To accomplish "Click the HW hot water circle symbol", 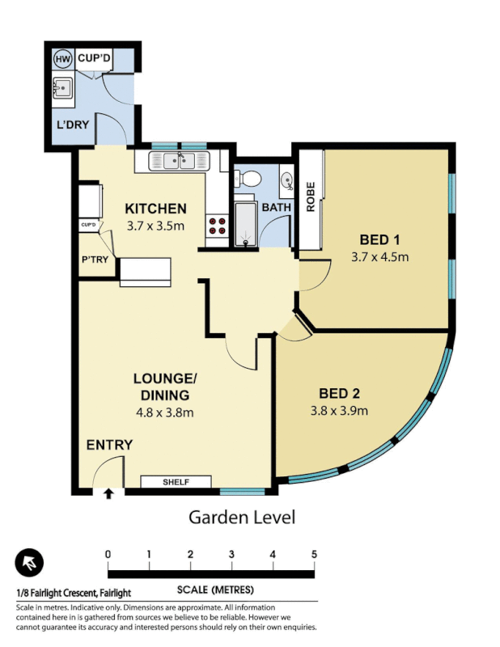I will click(61, 59).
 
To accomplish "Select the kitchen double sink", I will click(176, 162).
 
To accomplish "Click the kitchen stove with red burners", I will click(217, 225).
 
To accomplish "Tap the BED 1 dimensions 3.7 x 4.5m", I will click(379, 257).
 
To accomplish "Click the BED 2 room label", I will click(339, 394).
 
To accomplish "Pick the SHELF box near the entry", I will click(176, 482).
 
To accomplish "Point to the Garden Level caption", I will click(242, 516).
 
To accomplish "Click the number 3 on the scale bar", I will click(231, 554).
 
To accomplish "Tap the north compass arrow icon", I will click(28, 562).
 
